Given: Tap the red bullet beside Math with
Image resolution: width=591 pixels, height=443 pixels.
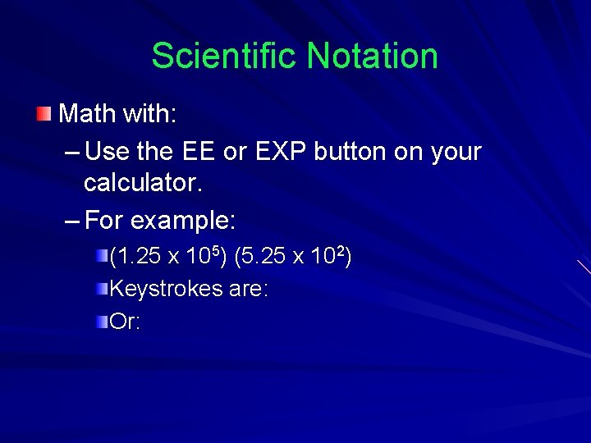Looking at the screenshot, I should (x=44, y=112).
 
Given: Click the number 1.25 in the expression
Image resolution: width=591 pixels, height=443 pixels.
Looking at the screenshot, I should (x=139, y=258).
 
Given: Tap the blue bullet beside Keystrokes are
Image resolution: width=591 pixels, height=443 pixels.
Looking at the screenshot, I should (x=102, y=288).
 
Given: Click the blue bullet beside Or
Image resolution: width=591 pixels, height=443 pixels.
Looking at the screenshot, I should (x=102, y=320).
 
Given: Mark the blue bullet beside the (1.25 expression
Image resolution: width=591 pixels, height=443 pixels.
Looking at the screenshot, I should (x=102, y=257).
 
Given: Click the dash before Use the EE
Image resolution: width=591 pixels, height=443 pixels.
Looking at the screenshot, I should (x=71, y=153).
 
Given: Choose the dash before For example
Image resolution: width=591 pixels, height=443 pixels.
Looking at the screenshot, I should (x=71, y=221).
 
